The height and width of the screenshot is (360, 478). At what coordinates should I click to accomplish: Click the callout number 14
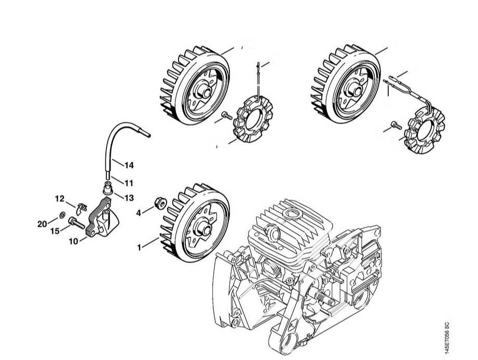click(x=129, y=165)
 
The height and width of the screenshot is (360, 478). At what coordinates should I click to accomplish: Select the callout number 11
click(x=129, y=183)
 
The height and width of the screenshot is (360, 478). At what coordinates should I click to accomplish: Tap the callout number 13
click(x=129, y=197)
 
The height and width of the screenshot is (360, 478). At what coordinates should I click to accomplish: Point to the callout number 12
click(x=60, y=198)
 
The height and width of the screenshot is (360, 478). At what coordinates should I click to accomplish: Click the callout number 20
click(x=43, y=224)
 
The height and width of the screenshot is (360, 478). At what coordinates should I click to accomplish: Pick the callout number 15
click(x=55, y=231)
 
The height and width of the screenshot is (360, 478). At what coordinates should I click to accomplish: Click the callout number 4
click(x=139, y=212)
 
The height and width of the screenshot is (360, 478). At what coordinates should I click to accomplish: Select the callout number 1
click(x=139, y=247)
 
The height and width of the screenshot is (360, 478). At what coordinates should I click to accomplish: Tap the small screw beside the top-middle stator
click(x=226, y=116)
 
